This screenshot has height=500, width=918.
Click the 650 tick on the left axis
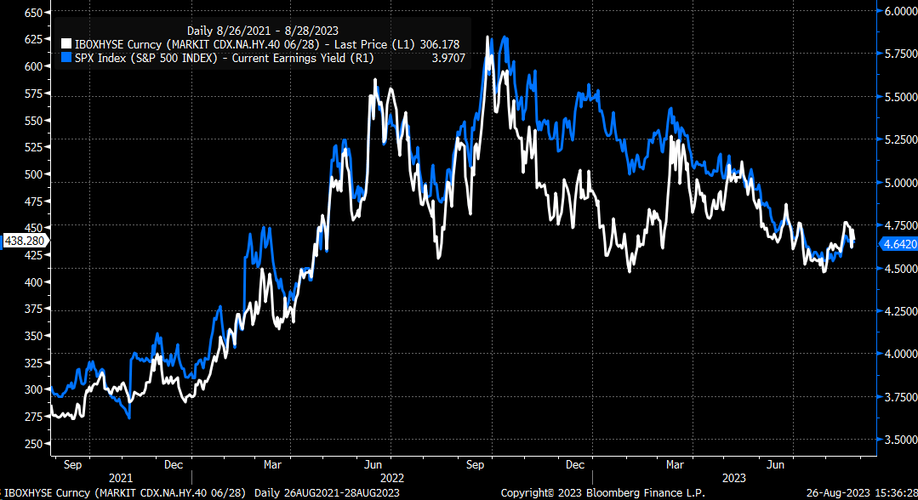coord(33,13)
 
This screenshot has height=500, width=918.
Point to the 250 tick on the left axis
coord(33,444)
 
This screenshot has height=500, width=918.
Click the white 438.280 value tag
coord(23,241)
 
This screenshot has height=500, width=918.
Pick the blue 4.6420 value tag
coord(896,243)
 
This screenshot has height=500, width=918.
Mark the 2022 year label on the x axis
coord(391,479)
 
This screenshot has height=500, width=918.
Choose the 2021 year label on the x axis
coord(120,479)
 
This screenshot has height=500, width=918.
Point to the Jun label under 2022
coord(372,465)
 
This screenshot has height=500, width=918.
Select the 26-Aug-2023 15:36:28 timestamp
coord(861,493)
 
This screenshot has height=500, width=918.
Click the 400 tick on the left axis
coord(33,281)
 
